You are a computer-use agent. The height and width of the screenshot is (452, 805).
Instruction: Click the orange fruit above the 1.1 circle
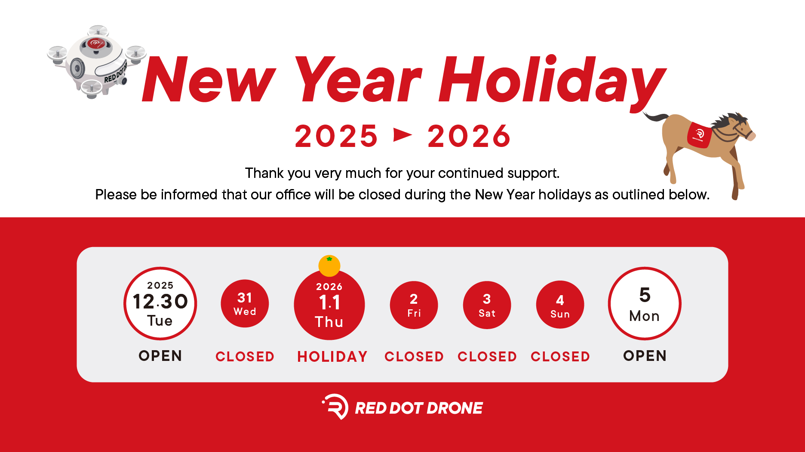click(329, 266)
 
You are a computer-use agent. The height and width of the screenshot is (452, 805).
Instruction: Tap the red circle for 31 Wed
click(245, 304)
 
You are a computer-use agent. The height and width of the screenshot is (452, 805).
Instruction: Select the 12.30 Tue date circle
click(160, 303)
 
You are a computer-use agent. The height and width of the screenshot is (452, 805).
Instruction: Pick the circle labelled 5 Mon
click(645, 303)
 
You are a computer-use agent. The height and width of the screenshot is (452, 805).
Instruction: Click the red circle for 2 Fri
click(414, 305)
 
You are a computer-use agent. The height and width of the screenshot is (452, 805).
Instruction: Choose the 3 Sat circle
click(487, 305)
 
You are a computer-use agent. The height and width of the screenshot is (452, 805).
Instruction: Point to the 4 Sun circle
click(560, 305)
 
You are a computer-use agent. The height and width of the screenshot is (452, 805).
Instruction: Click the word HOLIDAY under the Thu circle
click(332, 357)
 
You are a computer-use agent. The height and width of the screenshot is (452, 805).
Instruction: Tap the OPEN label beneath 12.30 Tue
click(160, 356)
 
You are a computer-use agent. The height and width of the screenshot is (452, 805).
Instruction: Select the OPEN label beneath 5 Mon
click(645, 356)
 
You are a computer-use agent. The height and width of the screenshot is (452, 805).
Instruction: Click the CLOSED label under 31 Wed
click(245, 357)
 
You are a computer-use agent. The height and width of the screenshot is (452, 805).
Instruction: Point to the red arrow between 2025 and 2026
click(403, 135)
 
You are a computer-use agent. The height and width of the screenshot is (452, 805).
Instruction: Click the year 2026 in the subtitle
click(469, 136)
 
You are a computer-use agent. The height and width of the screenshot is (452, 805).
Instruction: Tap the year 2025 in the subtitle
click(336, 136)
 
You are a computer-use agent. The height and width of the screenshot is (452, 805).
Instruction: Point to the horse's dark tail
click(655, 117)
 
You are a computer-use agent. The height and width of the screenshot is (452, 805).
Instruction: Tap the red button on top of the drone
click(96, 43)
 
